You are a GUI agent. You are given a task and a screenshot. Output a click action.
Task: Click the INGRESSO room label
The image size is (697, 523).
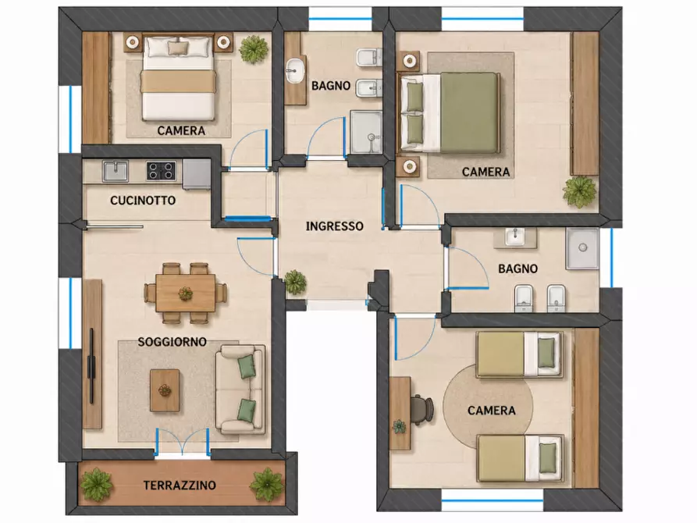click(x=334, y=226)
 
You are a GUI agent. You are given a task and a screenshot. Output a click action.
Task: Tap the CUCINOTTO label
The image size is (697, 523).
click(x=143, y=200)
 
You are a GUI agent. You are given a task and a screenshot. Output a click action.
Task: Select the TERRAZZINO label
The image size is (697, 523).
click(x=180, y=485)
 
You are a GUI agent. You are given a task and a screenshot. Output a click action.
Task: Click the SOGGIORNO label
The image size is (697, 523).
click(x=172, y=342)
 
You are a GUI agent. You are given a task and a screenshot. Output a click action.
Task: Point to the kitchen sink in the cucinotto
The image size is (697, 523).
click(x=116, y=171)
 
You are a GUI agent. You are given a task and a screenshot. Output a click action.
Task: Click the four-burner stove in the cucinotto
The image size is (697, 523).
click(x=161, y=171)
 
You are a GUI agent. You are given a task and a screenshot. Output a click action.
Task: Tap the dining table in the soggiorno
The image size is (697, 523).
click(x=185, y=293)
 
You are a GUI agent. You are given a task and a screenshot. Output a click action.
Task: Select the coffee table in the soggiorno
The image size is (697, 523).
click(x=165, y=390)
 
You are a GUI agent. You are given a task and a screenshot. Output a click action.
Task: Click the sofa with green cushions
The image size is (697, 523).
click(x=240, y=390)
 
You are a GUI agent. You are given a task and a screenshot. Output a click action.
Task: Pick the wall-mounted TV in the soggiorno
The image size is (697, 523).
click(x=91, y=366)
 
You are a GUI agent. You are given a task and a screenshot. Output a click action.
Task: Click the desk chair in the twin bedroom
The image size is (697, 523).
click(x=421, y=407)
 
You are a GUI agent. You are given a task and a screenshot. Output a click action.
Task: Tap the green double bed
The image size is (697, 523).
click(x=450, y=112)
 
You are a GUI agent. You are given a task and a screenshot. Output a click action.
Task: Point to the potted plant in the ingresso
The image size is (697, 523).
click(x=295, y=282)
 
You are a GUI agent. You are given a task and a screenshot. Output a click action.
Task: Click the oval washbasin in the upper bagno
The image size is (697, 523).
click(x=295, y=72)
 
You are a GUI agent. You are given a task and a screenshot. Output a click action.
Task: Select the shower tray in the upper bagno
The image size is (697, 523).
click(x=366, y=132)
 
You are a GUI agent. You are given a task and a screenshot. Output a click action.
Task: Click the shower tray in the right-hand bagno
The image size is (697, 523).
click(x=582, y=248)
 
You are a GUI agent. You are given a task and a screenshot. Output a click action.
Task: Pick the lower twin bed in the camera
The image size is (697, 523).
click(x=520, y=457)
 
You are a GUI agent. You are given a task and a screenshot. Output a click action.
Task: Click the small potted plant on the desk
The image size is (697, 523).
click(x=399, y=427)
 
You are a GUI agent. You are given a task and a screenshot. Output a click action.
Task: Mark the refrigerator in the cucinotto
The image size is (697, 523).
click(x=197, y=175)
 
